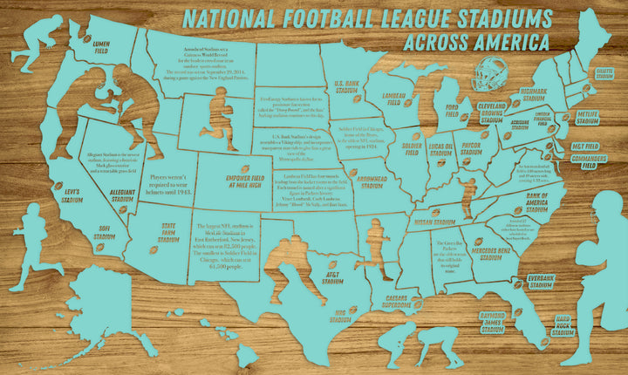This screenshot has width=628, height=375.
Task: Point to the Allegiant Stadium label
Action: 122,194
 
